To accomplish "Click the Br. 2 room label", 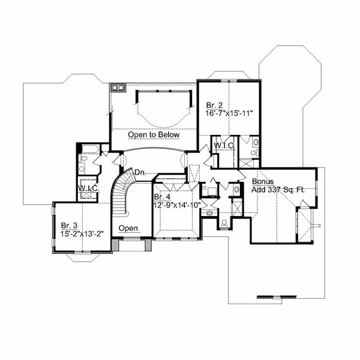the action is (x=214, y=106).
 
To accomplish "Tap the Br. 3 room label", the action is (x=69, y=226).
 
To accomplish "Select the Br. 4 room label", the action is (x=163, y=197).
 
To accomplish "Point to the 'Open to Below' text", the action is (x=154, y=135).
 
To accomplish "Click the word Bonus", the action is (x=263, y=181).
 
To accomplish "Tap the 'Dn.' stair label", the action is (x=140, y=172).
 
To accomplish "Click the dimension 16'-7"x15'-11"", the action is (x=229, y=113).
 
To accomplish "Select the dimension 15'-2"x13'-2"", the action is (x=82, y=234).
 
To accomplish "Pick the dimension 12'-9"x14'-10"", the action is (x=177, y=205).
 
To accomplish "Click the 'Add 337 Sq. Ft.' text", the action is (x=278, y=190).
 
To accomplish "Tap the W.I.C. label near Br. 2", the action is (x=224, y=146).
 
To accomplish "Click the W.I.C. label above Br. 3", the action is (x=89, y=188).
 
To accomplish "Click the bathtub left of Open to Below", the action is (x=91, y=149).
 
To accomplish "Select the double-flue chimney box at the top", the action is (x=118, y=88).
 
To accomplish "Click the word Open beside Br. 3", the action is (x=128, y=228).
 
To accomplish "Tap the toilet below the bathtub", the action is (x=83, y=158).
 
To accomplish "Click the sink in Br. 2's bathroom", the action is (x=256, y=142).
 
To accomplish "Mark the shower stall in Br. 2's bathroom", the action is (x=247, y=163).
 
